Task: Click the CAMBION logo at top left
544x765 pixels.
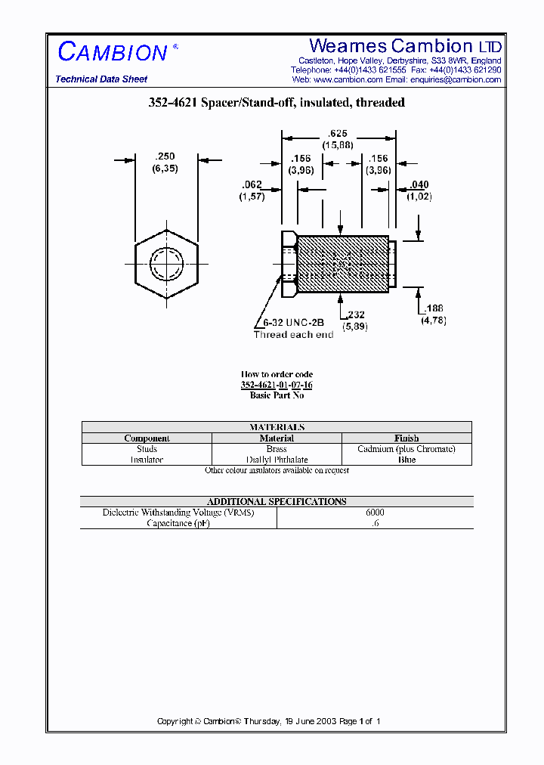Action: tap(113, 51)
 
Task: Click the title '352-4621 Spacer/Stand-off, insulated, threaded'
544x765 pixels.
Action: tap(277, 102)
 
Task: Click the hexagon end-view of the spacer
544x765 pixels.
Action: tap(166, 264)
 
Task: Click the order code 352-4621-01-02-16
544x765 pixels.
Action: tap(277, 385)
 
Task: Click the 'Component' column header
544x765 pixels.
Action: tap(147, 438)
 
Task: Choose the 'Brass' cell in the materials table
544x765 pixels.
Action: tap(277, 449)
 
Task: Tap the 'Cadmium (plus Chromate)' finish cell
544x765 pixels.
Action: tap(406, 449)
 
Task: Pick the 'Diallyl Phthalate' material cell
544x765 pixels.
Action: tap(277, 460)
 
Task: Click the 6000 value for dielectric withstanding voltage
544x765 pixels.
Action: tap(375, 513)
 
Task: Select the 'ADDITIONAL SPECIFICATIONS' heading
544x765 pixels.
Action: tap(277, 501)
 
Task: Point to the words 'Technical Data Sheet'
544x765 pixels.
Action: tap(101, 79)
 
